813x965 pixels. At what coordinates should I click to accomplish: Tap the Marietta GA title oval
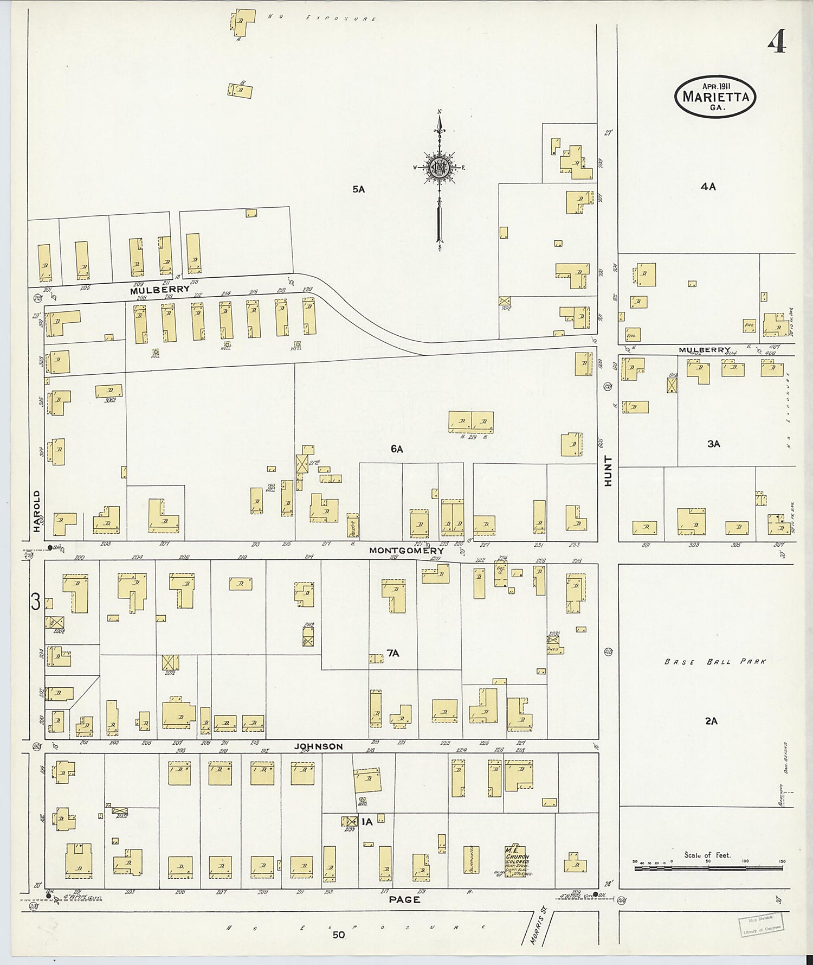(715, 97)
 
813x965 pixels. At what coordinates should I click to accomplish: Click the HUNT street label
(608, 471)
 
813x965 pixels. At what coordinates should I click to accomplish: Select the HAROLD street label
(36, 511)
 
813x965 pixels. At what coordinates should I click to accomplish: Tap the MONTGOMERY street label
(406, 551)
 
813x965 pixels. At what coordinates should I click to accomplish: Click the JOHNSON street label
(318, 746)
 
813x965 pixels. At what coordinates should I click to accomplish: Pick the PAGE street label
(404, 899)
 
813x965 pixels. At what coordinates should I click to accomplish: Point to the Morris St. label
(537, 929)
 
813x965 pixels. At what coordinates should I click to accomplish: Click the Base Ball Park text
(715, 662)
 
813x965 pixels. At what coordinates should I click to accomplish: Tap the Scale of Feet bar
(707, 868)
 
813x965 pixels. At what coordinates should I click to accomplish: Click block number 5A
(358, 189)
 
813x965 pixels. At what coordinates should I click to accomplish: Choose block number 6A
(397, 449)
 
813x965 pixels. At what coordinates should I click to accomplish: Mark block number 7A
(392, 654)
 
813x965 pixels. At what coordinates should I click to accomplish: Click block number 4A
(708, 187)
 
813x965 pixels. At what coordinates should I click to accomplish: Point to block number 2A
(711, 721)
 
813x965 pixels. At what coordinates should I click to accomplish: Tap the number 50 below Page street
(339, 935)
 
